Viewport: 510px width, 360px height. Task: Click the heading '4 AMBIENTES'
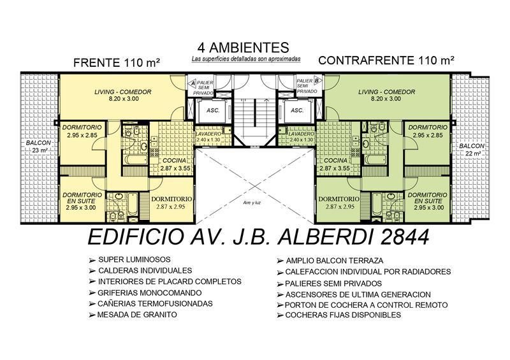[243, 48]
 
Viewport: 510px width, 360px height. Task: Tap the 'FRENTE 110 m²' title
[117, 62]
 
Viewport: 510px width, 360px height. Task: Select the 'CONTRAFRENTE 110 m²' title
[386, 61]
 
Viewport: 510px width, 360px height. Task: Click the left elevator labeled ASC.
[213, 110]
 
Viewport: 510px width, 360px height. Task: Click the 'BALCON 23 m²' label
[38, 147]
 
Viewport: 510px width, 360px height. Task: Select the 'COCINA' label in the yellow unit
[174, 161]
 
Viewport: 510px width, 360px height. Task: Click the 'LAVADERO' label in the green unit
[301, 134]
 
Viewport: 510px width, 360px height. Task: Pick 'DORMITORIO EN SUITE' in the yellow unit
[82, 198]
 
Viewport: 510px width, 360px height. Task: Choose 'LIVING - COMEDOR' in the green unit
[386, 92]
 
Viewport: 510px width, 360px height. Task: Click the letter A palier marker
[193, 83]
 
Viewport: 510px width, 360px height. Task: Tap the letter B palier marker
[317, 80]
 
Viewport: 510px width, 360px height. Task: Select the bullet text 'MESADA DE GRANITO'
[137, 315]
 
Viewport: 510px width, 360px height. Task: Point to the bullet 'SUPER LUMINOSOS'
[135, 259]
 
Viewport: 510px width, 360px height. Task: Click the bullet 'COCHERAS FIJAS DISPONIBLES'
[343, 315]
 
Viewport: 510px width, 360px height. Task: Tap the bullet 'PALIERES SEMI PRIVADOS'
[333, 284]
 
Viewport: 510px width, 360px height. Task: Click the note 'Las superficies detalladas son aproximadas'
[246, 59]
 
